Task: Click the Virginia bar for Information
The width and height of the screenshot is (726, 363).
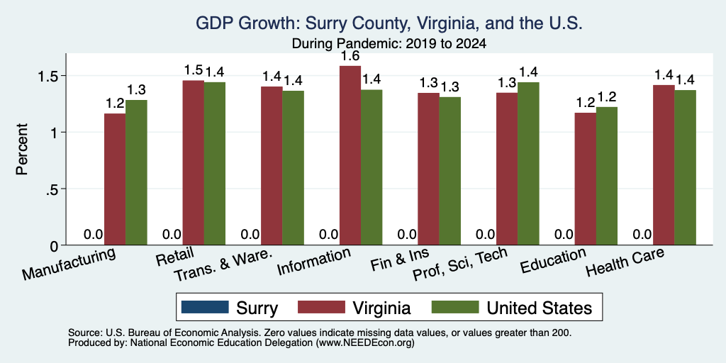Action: click(x=350, y=155)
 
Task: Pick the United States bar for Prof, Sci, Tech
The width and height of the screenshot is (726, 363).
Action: click(x=528, y=164)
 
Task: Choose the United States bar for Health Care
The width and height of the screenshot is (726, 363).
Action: click(x=686, y=167)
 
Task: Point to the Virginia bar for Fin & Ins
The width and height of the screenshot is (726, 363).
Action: click(x=429, y=169)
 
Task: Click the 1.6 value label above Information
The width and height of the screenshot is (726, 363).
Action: click(x=350, y=57)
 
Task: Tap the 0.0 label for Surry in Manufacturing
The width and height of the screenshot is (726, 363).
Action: click(x=93, y=234)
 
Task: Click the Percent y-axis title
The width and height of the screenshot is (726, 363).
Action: click(x=22, y=149)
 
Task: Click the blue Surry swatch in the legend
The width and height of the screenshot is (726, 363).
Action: click(x=205, y=307)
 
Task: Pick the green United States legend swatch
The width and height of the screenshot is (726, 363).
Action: click(x=454, y=307)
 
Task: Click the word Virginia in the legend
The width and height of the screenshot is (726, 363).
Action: click(x=381, y=308)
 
